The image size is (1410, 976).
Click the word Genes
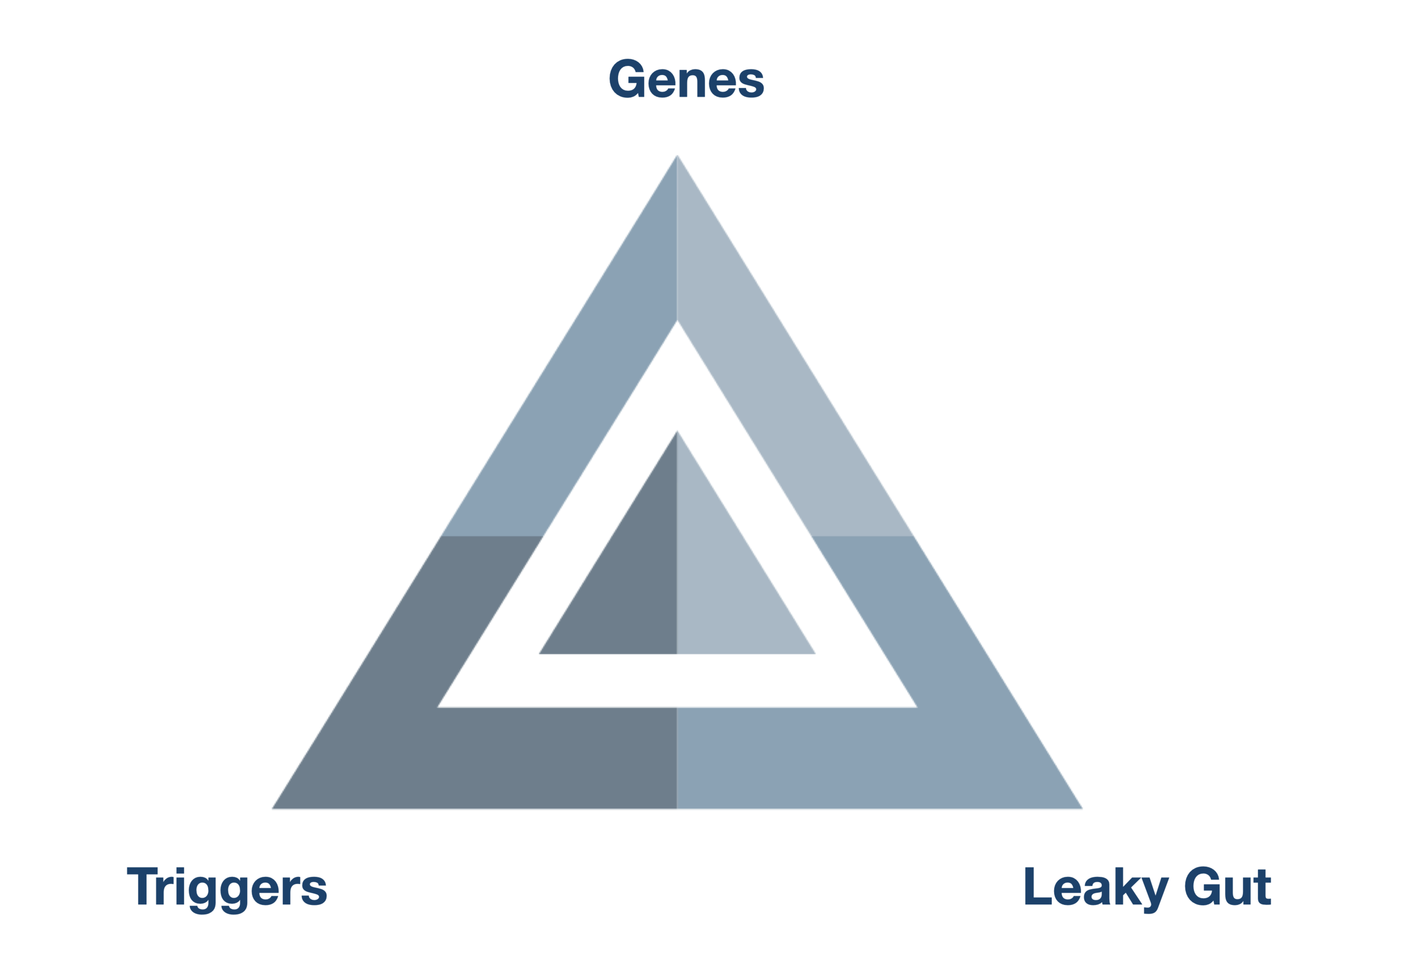(x=686, y=80)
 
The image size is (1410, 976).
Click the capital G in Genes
(x=627, y=78)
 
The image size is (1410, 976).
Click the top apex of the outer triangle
(x=677, y=156)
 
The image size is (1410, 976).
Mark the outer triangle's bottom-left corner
(x=274, y=808)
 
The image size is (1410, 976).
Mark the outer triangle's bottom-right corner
(x=1081, y=808)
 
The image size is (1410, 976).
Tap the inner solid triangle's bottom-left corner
(x=540, y=653)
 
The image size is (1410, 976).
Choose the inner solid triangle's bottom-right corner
(x=814, y=653)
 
